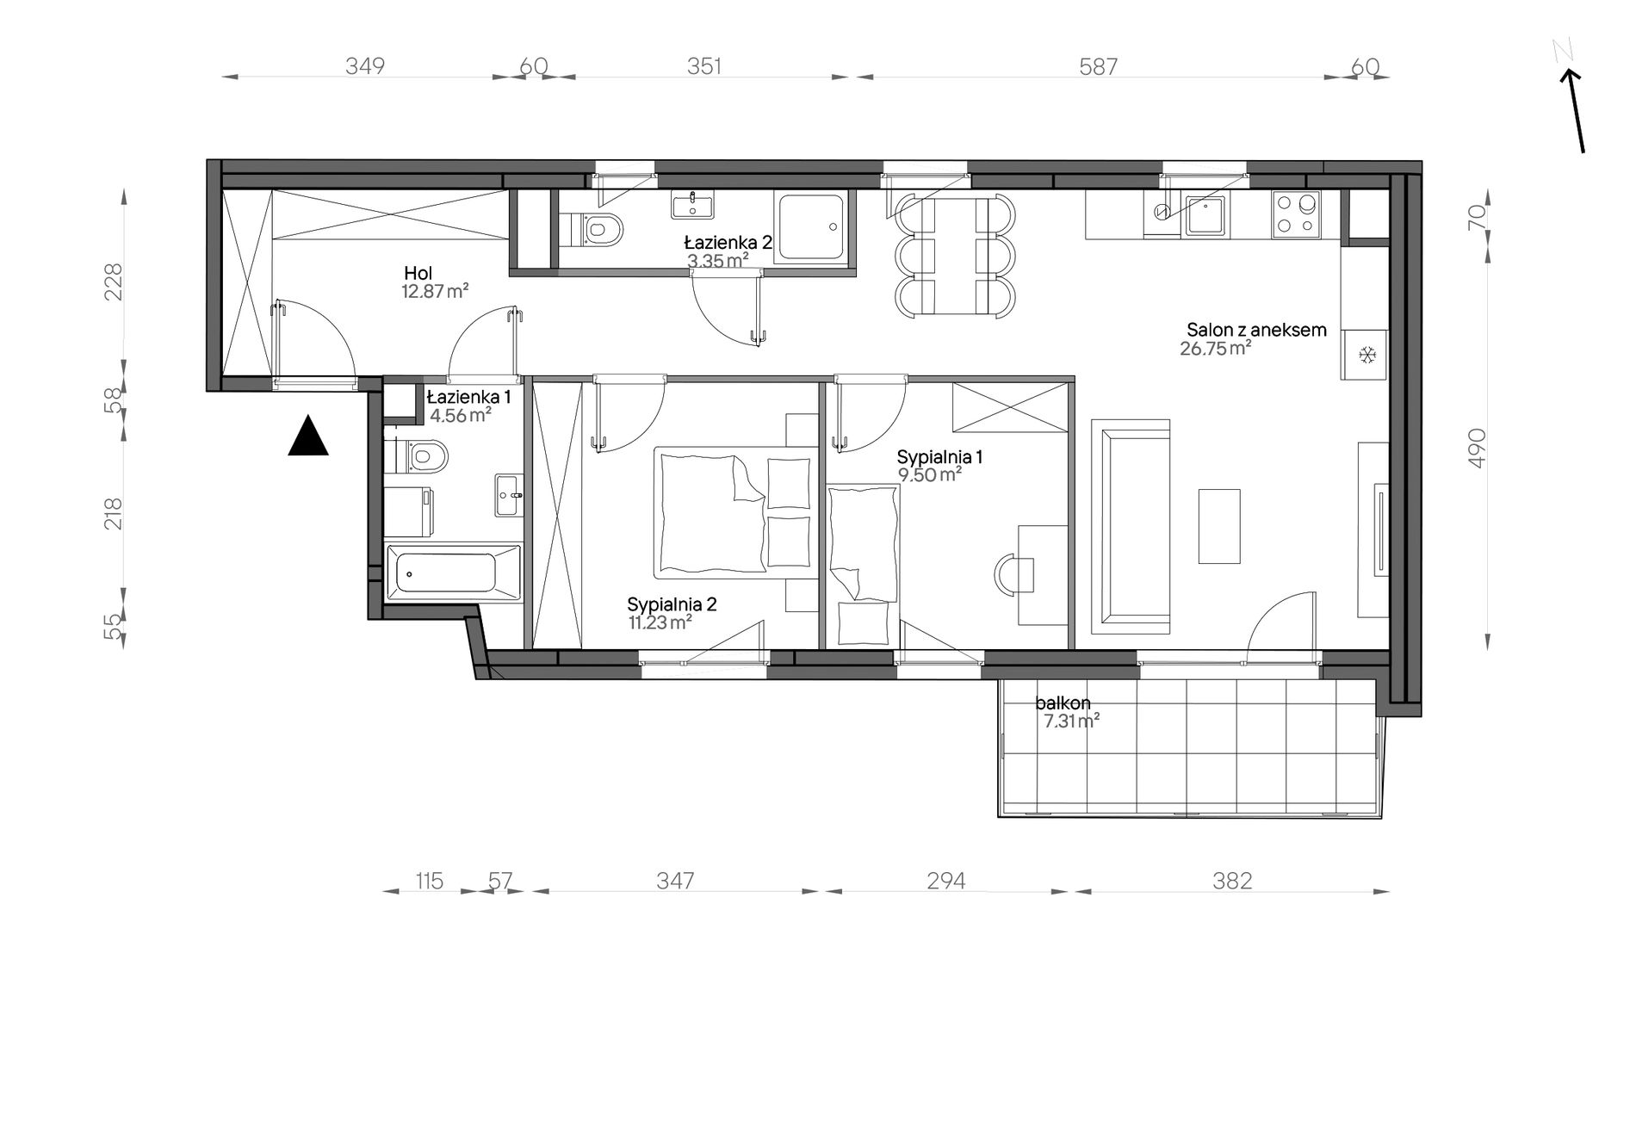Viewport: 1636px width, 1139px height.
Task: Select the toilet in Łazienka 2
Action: coord(592,230)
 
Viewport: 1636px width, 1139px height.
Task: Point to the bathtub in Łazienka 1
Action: coord(454,573)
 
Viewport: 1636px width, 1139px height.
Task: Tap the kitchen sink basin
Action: coord(1206,215)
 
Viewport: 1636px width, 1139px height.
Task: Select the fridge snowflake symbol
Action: coord(1365,355)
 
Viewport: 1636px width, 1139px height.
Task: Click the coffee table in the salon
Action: coord(1219,526)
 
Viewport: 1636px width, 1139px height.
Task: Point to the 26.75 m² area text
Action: coord(1215,348)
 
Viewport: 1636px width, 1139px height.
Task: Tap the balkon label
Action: coord(1063,703)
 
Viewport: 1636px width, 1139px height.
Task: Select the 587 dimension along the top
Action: coord(1098,66)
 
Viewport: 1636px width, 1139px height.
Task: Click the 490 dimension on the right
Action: coord(1477,448)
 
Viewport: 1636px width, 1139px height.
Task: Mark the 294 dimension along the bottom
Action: coord(945,881)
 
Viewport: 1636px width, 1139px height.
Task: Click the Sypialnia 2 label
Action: coord(672,604)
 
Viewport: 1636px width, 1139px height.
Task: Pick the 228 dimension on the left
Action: coord(113,282)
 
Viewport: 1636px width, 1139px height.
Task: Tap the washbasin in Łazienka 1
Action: coord(508,495)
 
